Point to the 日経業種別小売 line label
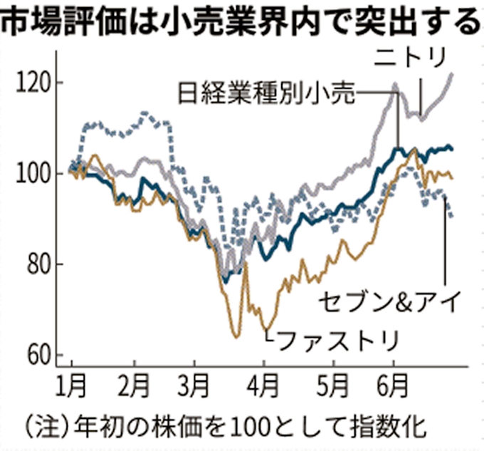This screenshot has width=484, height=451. tap(265, 93)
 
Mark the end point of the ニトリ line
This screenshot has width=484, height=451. tap(452, 73)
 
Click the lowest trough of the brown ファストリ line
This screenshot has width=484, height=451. tap(235, 336)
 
